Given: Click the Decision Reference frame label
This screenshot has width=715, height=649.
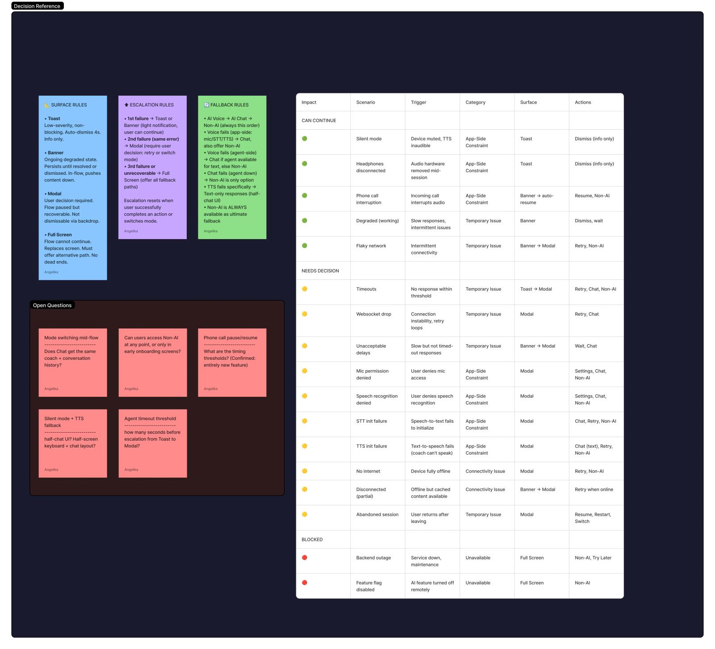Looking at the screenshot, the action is click(38, 6).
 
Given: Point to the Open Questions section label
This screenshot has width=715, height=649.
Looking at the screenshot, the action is click(52, 305).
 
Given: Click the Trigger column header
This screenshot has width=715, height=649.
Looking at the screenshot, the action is click(419, 102).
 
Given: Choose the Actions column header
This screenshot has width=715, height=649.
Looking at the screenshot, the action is click(583, 102).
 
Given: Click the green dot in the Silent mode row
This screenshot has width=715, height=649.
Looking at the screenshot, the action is click(305, 139).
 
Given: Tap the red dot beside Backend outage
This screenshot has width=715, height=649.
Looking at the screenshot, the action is click(305, 557).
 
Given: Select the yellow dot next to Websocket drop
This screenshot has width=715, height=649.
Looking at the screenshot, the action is click(305, 314).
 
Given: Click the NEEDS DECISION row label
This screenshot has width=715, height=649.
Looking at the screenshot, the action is click(320, 271).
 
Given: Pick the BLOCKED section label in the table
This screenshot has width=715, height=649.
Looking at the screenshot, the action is click(312, 539).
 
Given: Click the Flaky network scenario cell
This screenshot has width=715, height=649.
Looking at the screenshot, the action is click(371, 246).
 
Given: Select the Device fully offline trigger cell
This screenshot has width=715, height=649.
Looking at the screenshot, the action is click(431, 471).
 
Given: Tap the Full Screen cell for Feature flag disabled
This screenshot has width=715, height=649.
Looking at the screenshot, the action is click(532, 583).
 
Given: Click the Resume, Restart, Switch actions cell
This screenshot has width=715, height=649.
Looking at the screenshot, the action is click(593, 518).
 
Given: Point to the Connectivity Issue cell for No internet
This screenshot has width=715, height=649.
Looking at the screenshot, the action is click(485, 471).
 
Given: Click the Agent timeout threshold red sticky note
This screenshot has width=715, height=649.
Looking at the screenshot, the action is click(153, 443).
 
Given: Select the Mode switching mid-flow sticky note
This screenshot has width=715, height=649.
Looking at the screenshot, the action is click(73, 362).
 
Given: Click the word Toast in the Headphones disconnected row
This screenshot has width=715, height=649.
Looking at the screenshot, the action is click(526, 164).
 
